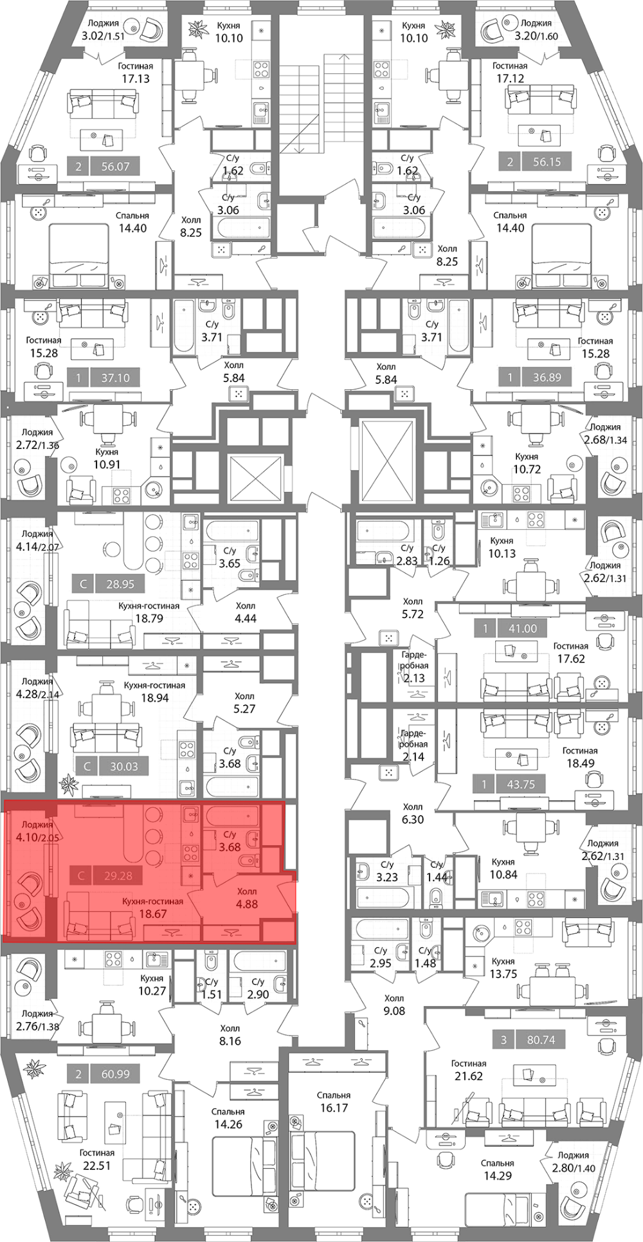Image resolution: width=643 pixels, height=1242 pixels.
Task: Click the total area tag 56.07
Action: click(x=116, y=167)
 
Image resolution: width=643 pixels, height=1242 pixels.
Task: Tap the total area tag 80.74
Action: click(x=541, y=1039)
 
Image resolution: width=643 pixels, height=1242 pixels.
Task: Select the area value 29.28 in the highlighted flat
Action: click(x=117, y=875)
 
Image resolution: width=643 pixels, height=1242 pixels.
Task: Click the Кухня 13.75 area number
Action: click(x=503, y=973)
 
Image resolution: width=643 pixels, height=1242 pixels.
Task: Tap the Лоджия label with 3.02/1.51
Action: click(x=104, y=23)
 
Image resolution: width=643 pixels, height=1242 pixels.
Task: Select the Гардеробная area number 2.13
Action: click(x=413, y=678)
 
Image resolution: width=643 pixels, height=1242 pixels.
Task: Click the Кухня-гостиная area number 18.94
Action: click(x=154, y=697)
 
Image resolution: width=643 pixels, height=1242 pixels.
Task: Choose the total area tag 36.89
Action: click(x=547, y=378)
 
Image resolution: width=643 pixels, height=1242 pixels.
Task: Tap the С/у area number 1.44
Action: click(x=437, y=877)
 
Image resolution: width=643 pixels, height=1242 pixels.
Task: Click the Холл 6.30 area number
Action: click(x=412, y=819)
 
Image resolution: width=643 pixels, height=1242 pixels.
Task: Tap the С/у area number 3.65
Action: click(x=230, y=563)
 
